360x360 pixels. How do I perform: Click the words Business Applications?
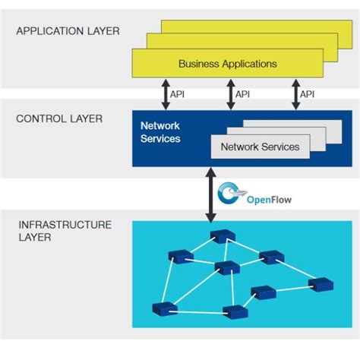(x=228, y=64)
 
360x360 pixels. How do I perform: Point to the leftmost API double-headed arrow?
(x=165, y=94)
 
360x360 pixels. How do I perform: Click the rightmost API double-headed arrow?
(x=295, y=94)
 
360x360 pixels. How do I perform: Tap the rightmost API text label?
(x=308, y=94)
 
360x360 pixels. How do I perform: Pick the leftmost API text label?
(x=178, y=94)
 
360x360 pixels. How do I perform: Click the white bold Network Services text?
(x=160, y=133)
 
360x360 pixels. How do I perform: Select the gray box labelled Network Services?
(x=260, y=147)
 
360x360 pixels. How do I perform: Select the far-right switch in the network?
(x=321, y=285)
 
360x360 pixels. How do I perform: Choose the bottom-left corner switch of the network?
(x=163, y=308)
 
